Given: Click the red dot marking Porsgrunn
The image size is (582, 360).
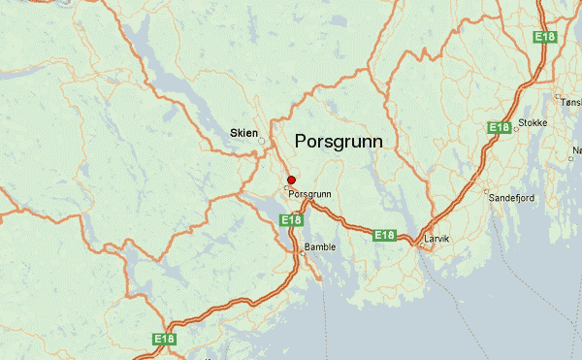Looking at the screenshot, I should pyautogui.click(x=291, y=180).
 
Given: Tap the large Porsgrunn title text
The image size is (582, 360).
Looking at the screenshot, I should pyautogui.click(x=338, y=142).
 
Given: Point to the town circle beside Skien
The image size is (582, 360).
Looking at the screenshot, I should pyautogui.click(x=261, y=141).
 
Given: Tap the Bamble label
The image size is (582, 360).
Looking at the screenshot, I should pyautogui.click(x=320, y=246).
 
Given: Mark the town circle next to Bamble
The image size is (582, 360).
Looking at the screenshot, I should pyautogui.click(x=302, y=255).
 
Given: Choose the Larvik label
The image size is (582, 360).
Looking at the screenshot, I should pyautogui.click(x=437, y=237).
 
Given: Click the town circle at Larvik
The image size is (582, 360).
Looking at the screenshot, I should pyautogui.click(x=419, y=243).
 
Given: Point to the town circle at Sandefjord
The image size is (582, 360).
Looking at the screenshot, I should pyautogui.click(x=487, y=190).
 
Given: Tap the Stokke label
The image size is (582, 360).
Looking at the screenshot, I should pyautogui.click(x=533, y=123).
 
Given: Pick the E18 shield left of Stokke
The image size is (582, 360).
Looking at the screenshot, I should pyautogui.click(x=499, y=127).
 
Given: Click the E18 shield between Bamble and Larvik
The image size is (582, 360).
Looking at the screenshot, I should pyautogui.click(x=384, y=235).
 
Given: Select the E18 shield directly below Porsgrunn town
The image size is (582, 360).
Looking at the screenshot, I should pyautogui.click(x=292, y=220).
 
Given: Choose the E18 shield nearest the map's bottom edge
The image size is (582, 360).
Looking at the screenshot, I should pyautogui.click(x=164, y=339).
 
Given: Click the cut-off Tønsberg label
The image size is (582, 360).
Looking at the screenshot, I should pyautogui.click(x=569, y=100).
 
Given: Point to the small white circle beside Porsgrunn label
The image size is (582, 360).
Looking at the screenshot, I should pyautogui.click(x=287, y=186).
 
